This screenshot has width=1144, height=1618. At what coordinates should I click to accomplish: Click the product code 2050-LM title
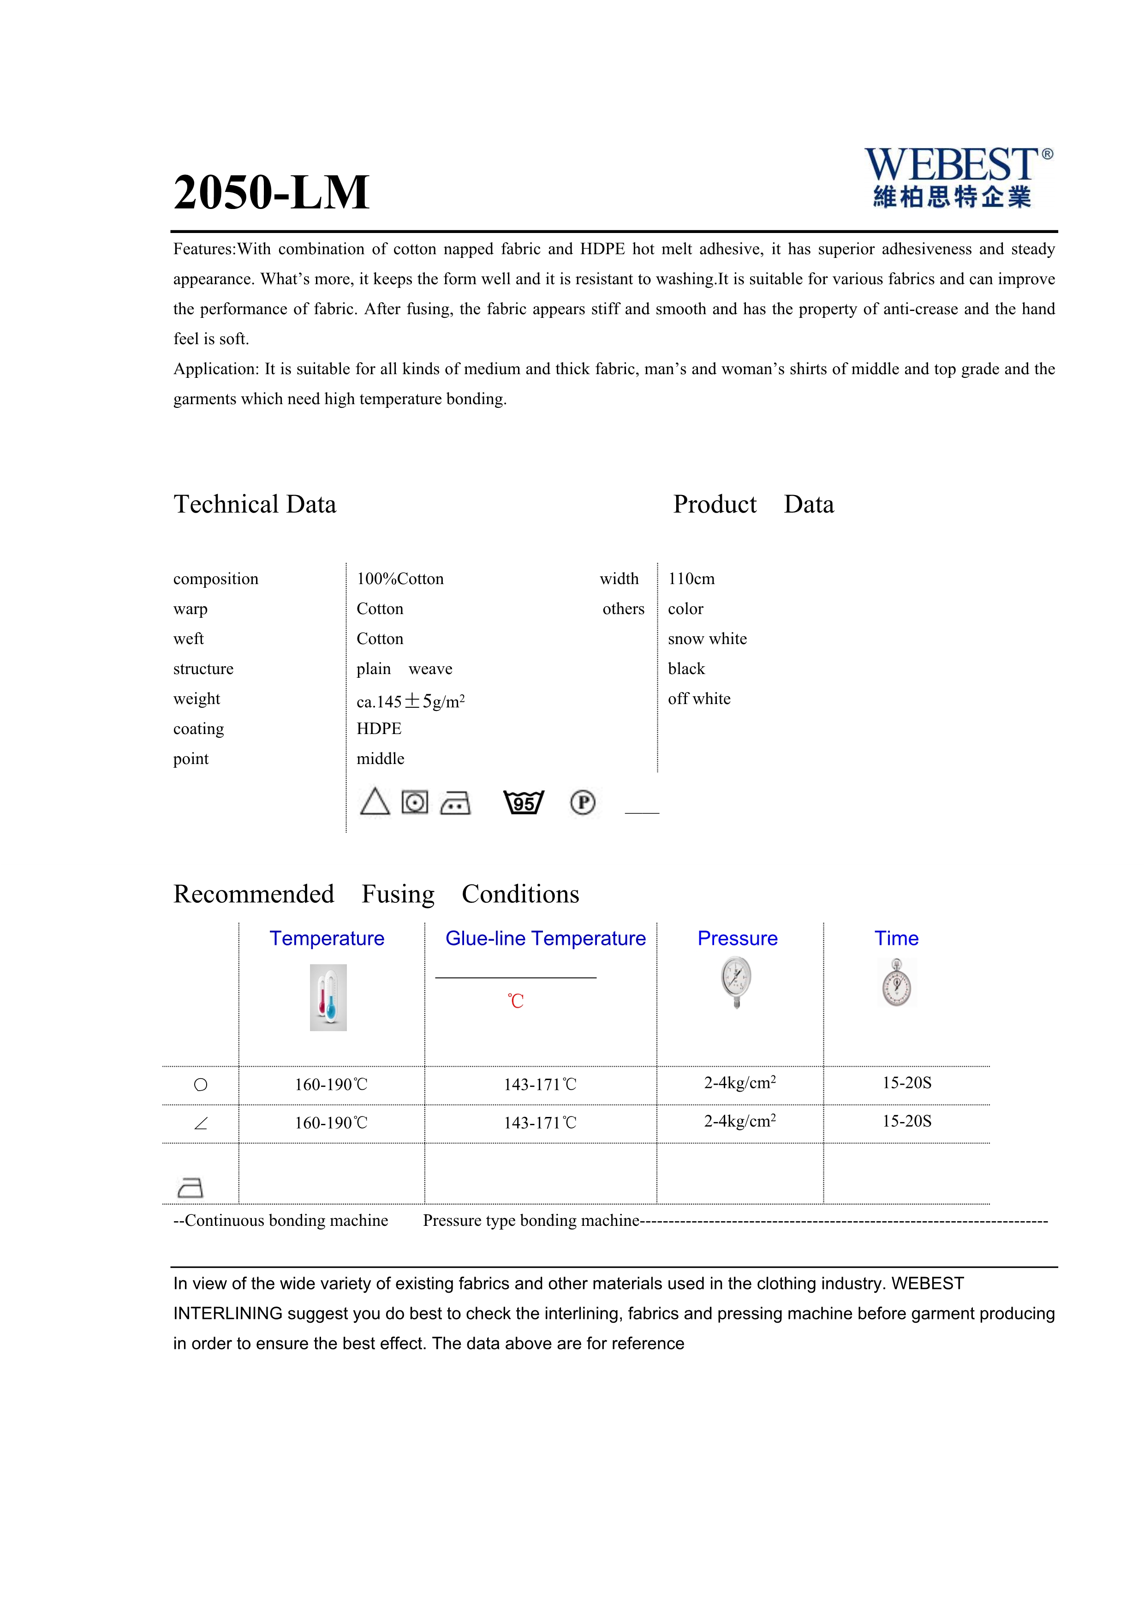click(x=271, y=192)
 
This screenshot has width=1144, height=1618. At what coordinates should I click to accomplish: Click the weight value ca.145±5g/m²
click(x=410, y=701)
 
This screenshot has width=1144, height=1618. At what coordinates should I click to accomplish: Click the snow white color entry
click(x=707, y=639)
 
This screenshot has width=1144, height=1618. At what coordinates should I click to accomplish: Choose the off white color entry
click(x=699, y=699)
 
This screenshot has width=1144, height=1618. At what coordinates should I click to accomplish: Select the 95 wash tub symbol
click(x=524, y=803)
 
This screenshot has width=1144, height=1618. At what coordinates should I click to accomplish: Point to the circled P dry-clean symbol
click(x=583, y=803)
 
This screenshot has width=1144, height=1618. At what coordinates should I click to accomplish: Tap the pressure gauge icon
click(x=736, y=982)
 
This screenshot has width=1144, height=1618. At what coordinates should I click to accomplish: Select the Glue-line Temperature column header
click(x=545, y=939)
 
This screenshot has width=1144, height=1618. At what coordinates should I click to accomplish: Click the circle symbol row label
click(x=201, y=1085)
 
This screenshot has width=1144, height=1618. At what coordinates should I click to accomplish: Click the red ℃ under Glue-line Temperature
click(x=516, y=1001)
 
